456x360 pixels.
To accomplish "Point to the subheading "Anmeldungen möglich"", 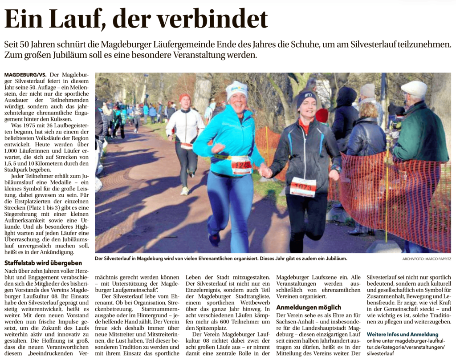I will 308,307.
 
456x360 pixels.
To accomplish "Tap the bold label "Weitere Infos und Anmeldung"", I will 402,334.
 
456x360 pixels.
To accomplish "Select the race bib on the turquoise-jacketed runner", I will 241,165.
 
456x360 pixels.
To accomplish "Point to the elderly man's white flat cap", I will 414,88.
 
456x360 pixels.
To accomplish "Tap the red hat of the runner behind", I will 184,97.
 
